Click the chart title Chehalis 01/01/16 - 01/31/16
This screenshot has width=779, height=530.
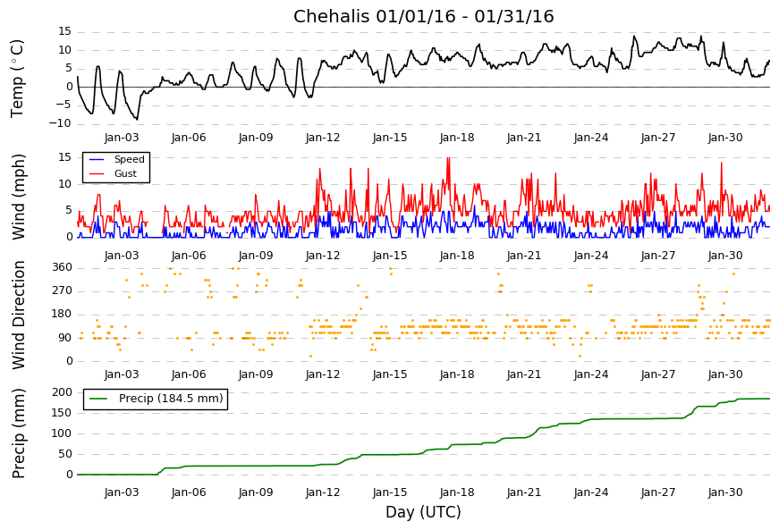tap(423, 17)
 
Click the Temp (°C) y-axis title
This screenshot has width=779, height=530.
tap(18, 78)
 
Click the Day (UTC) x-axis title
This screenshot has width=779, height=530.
tap(423, 513)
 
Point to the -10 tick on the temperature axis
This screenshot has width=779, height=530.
tap(59, 124)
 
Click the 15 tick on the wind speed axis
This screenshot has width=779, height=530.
tap(64, 157)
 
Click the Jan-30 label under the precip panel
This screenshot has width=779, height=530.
tap(725, 492)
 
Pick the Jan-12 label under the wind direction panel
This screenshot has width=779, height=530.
tap(323, 374)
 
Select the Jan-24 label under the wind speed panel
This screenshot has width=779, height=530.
tap(591, 255)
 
